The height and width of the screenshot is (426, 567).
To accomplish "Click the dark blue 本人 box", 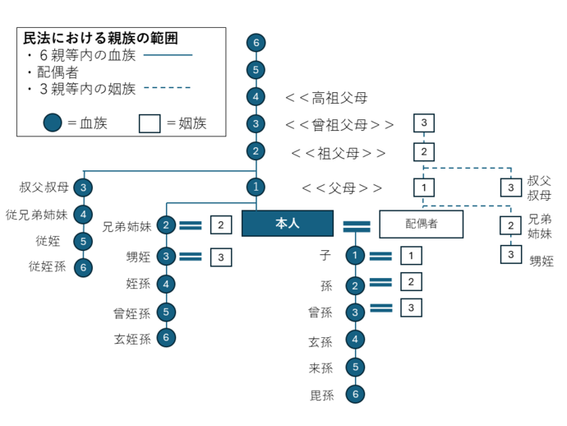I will [288, 224].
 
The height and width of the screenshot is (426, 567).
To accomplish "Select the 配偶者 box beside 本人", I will [421, 224].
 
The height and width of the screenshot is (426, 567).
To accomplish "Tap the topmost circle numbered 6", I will [256, 42].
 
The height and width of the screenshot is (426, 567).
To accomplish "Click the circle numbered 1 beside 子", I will [354, 256].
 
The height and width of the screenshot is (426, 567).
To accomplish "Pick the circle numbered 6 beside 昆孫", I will [354, 395].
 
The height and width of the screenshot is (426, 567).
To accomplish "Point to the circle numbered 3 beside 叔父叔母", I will [84, 188].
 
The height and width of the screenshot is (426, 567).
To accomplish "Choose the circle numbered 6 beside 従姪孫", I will [84, 266].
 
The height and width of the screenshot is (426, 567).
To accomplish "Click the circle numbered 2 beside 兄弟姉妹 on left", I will [167, 225].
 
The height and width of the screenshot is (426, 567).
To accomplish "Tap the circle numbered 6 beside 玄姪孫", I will [167, 337].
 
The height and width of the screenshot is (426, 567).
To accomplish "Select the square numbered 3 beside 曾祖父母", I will [423, 124].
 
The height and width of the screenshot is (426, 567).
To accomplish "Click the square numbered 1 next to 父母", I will [423, 188].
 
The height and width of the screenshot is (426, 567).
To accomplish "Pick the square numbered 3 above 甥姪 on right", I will [511, 254].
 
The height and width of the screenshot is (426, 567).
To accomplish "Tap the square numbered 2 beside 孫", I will [412, 282].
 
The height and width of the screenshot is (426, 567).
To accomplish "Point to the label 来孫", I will [320, 368].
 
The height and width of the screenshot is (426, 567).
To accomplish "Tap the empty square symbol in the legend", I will [149, 123].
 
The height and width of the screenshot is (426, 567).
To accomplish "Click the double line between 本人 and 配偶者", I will [357, 224].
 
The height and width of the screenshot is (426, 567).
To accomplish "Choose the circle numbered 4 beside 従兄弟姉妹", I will [84, 215].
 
